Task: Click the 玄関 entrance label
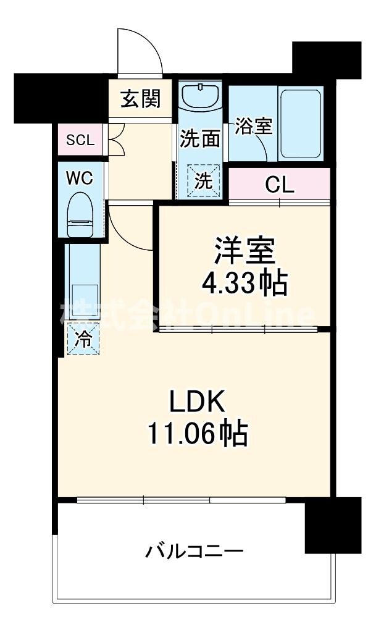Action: pos(140,98)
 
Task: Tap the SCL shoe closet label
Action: pos(80,140)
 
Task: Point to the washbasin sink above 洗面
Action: pos(201,95)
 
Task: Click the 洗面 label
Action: pos(199,138)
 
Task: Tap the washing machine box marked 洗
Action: pos(203,180)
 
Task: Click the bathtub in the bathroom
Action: pos(300,124)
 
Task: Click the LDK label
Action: pos(196,402)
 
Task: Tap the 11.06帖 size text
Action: pos(196,434)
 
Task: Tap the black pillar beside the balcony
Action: pos(333,524)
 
